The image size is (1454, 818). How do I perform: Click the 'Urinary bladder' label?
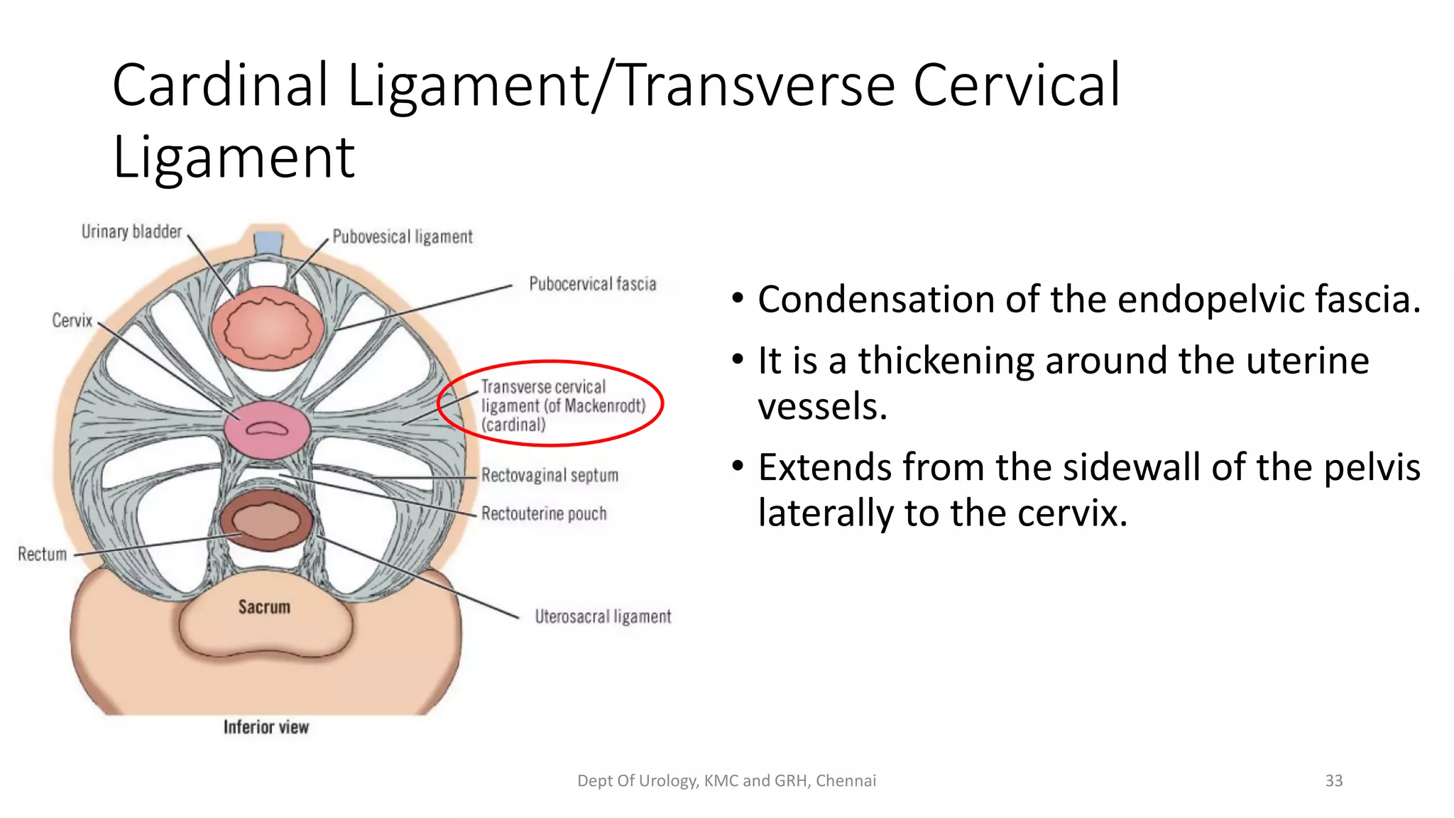click(131, 232)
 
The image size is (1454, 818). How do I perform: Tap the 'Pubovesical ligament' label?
click(402, 237)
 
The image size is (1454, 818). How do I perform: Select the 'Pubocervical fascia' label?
click(592, 284)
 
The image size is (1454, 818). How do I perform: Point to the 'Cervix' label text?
click(72, 321)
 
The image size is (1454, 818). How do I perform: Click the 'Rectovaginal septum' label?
click(550, 475)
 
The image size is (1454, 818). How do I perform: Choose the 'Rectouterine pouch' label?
click(544, 513)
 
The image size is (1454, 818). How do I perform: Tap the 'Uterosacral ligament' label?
click(603, 616)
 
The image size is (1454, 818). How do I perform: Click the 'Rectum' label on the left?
click(42, 555)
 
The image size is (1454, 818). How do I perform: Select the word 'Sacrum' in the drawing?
click(264, 607)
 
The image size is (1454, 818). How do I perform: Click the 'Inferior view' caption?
click(266, 727)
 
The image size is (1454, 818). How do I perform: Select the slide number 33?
click(1333, 781)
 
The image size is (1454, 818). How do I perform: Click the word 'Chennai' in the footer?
click(846, 781)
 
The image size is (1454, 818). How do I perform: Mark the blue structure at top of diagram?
click(269, 242)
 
